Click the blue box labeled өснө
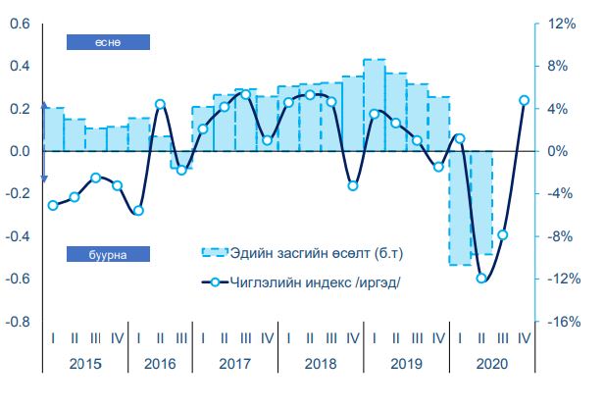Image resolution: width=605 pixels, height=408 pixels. (x=107, y=41)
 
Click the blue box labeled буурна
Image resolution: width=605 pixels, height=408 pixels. (x=107, y=254)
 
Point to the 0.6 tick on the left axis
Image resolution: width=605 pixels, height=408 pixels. (x=19, y=24)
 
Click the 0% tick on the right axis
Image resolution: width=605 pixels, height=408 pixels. (x=554, y=151)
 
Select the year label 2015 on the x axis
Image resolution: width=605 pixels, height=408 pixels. (x=84, y=362)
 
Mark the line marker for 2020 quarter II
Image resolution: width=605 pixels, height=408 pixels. (x=481, y=278)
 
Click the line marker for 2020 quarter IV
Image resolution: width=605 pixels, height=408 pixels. (x=524, y=100)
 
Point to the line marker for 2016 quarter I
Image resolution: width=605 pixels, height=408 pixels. (x=138, y=210)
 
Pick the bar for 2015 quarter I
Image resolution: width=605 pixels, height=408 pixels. (x=53, y=128)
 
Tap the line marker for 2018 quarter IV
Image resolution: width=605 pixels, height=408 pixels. (x=353, y=185)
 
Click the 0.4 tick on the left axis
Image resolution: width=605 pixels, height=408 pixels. (x=19, y=66)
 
